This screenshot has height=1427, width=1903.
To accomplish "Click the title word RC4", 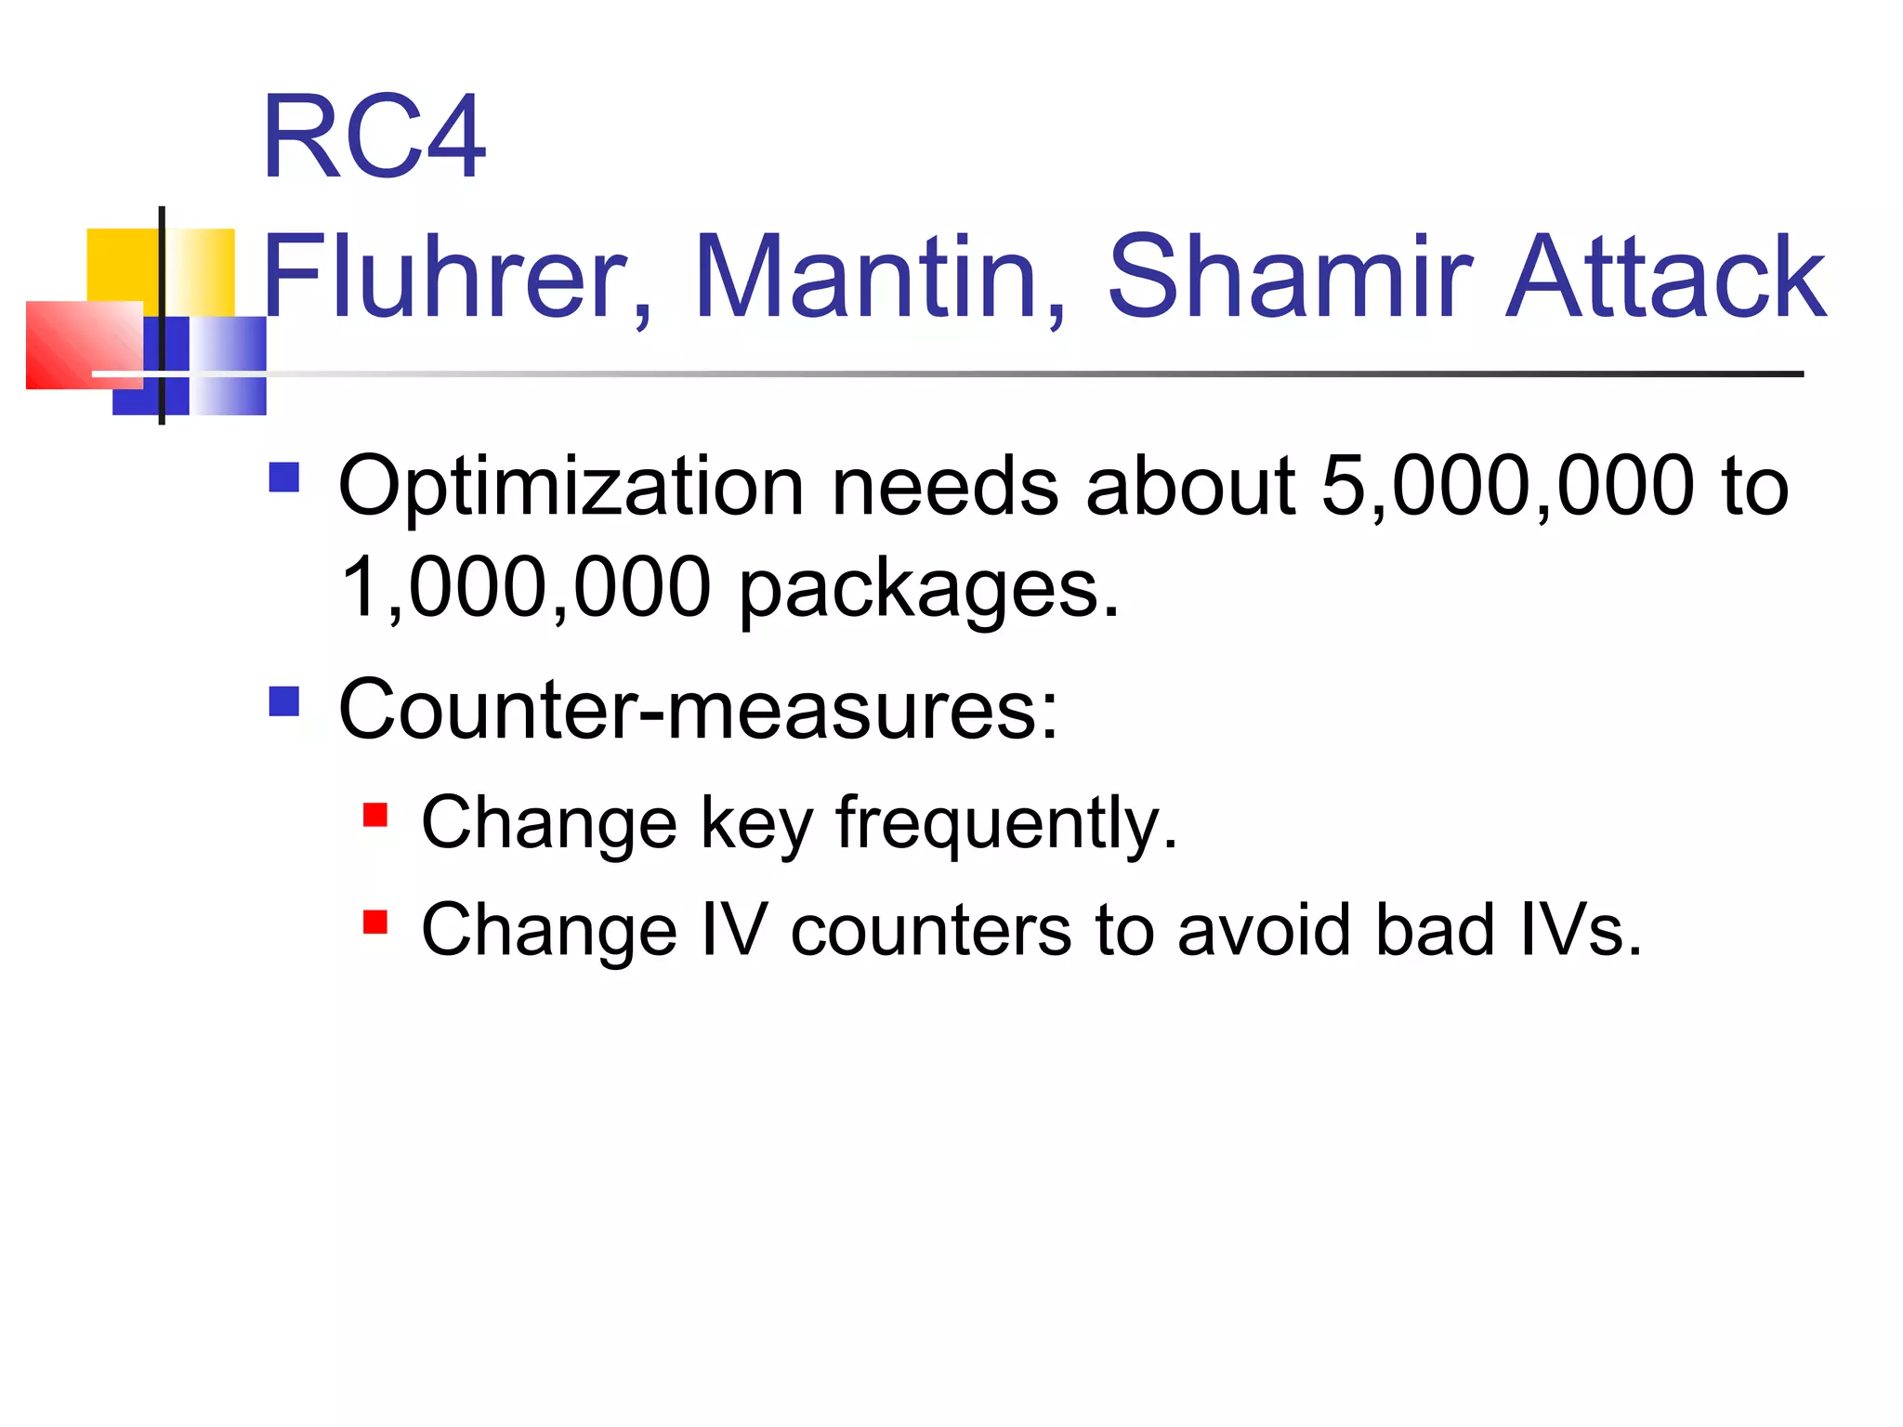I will pos(374,137).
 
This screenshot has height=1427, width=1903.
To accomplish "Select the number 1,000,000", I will pos(526,587).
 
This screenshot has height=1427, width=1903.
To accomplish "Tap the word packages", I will pos(929,591).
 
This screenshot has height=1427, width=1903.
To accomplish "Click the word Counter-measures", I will pos(698,710).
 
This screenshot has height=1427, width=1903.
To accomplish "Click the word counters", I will pos(930,931).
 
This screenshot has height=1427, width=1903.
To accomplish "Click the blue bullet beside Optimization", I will pos(284,478).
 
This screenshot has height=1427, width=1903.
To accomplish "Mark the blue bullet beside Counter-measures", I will pos(284,701).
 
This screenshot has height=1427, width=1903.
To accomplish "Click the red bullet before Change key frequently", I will pos(375,815).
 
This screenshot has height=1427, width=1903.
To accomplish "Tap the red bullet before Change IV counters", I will pos(375,922).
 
